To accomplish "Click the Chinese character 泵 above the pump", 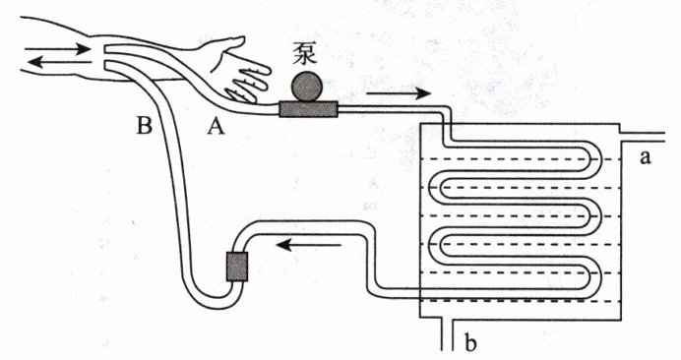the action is pos(304,55).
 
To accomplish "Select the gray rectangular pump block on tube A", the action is pos(308,109).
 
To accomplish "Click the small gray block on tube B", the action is pos(237,267).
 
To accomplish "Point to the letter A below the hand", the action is pos(216,127).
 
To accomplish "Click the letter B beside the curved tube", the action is pos(145,126).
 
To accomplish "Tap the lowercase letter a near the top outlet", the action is pos(646,158).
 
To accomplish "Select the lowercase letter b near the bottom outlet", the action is pos(470,341).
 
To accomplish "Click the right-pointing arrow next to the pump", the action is pos(399,93).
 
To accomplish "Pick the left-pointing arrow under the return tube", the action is pos(308,245).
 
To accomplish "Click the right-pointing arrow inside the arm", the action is pos(57,49).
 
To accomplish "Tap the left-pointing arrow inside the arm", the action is pos(59,63).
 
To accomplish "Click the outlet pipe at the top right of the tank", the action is pos(642,138).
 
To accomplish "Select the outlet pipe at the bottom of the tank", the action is pos(448,334).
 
